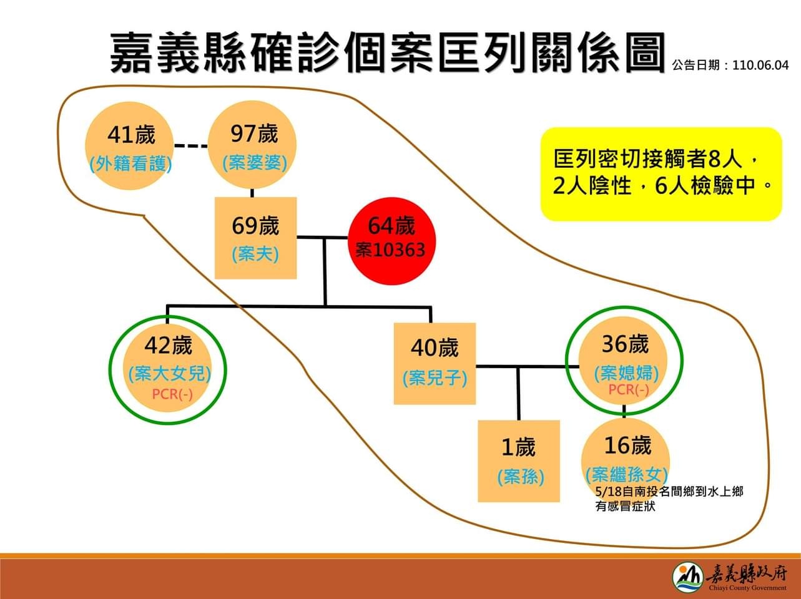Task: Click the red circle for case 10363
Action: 391,241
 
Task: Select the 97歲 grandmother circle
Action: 252,145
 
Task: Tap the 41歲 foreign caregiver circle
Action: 129,146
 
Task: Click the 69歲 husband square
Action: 255,238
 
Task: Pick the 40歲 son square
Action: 435,364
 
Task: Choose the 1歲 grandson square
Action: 519,461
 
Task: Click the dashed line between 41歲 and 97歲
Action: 190,146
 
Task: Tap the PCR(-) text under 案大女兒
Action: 172,394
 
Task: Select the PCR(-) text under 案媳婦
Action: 629,389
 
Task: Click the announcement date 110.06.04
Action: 760,66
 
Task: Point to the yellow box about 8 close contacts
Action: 661,174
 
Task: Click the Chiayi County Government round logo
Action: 688,577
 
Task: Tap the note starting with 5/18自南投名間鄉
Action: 669,499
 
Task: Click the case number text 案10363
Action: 390,250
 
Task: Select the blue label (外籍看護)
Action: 130,163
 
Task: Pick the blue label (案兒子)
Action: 435,377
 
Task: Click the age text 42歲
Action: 168,345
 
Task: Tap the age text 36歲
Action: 625,344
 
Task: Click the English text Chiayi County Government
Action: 748,587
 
